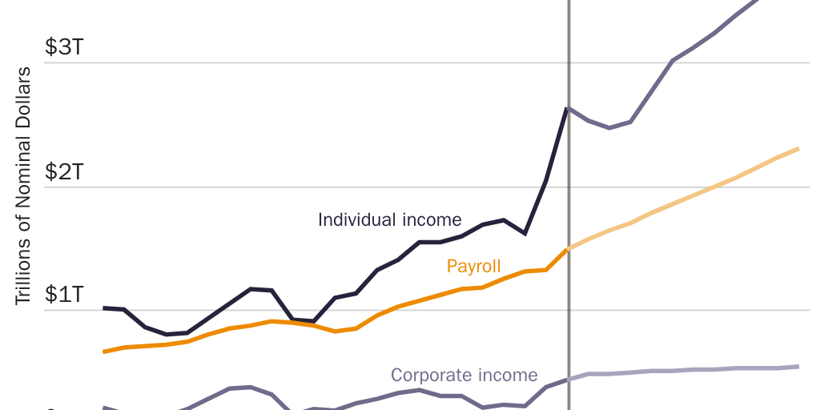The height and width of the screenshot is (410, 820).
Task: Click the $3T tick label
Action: [63, 46]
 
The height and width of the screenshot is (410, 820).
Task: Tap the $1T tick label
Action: [63, 294]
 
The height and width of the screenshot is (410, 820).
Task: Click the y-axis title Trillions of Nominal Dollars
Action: [23, 186]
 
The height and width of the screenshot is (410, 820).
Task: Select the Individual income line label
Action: [389, 219]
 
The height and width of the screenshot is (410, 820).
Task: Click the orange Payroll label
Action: [473, 266]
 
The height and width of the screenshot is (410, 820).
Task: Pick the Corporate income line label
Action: [464, 375]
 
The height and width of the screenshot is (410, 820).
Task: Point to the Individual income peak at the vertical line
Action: [568, 108]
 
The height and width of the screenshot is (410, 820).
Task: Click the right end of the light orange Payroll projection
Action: [798, 149]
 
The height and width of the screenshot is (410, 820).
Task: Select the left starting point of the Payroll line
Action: [105, 352]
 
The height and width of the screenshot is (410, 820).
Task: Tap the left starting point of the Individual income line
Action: [105, 307]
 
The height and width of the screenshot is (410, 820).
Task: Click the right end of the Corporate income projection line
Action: [798, 367]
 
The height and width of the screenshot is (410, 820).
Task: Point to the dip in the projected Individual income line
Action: [609, 127]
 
